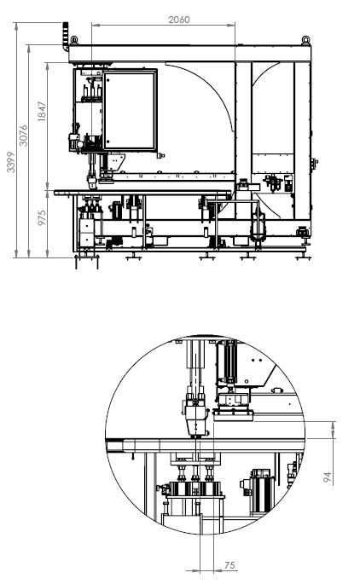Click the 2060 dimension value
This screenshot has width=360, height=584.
179,20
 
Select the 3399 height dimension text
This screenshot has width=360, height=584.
11,162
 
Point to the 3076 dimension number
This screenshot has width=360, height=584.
24,136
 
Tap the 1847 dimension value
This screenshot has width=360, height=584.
42,111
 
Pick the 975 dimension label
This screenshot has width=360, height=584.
42,217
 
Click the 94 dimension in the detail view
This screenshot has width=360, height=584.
328,477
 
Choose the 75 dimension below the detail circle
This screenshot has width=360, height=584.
230,565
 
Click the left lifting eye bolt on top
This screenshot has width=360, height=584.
73,40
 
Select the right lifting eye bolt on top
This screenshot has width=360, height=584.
305,40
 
